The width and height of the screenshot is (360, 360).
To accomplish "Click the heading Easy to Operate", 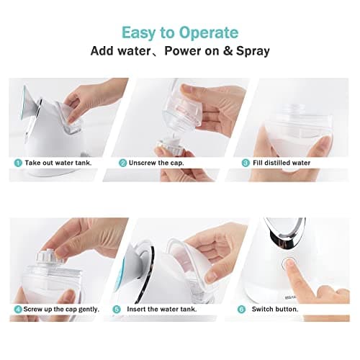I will (x=179, y=32).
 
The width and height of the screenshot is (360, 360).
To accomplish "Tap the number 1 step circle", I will (x=18, y=163).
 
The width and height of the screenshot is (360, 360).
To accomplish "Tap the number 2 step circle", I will (x=123, y=163).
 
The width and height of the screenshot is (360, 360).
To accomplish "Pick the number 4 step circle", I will (x=18, y=309).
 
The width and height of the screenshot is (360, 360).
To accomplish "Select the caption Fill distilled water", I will (x=281, y=163).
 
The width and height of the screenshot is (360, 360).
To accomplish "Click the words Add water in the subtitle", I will (x=120, y=51).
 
